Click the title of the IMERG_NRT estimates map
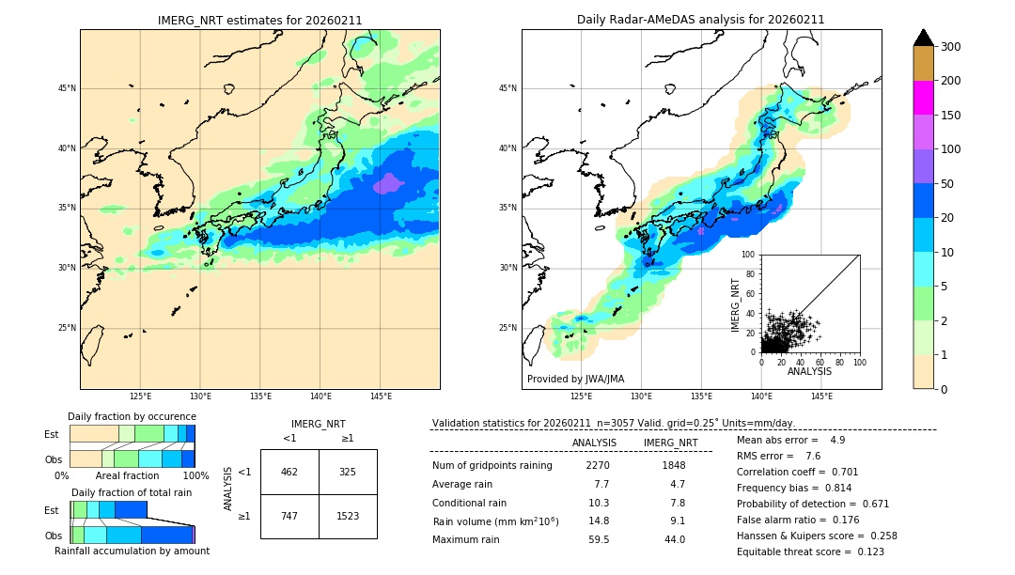259,20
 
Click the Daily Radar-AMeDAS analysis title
701,20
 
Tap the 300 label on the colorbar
950,47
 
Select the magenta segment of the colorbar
923,98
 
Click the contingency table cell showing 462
289,472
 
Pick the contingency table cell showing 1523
347,516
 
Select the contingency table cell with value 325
347,472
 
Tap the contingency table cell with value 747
289,516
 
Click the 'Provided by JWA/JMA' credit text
575,380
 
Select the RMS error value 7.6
813,456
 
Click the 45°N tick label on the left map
66,88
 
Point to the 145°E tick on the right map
821,396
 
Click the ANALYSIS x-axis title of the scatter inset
809,371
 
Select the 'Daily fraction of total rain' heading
132,492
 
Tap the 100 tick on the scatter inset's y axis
749,255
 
